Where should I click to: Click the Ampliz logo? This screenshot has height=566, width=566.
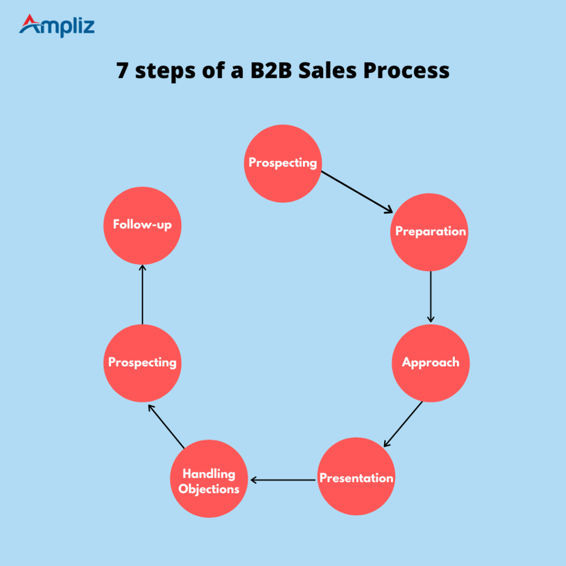56,25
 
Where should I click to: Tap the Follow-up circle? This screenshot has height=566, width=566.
143,226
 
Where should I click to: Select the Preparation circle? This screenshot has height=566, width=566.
430,232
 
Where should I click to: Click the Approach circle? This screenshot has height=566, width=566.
431,363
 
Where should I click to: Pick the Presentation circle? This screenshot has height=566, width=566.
357,478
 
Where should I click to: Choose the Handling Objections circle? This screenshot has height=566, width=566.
209,479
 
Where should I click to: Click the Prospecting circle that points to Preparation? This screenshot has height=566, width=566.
282,163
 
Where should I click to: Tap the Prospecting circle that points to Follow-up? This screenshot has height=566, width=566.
143,363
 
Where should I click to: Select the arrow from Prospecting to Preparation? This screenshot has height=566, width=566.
357,191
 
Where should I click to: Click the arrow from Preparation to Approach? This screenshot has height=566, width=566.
431,296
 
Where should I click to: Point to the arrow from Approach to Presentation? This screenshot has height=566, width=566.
403,424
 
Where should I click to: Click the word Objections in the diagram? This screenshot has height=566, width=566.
209,489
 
